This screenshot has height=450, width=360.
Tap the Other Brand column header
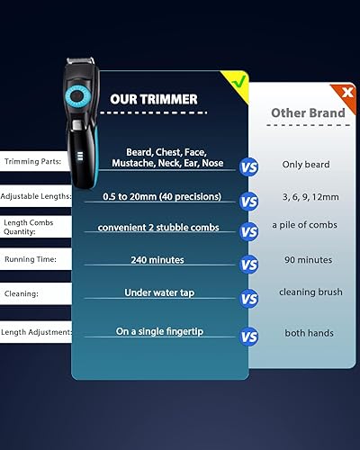(309, 113)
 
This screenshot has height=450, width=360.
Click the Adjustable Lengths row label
(33, 196)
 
